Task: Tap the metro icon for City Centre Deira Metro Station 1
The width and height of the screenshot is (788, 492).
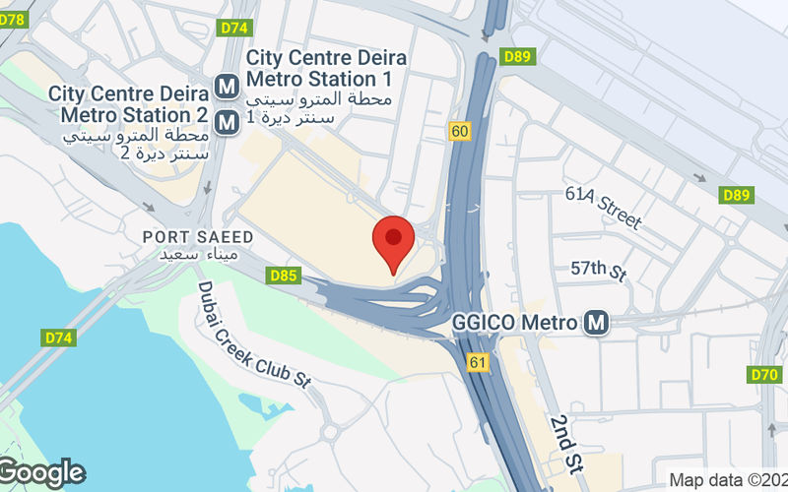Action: click(228, 86)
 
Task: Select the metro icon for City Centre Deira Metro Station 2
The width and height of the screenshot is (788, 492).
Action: click(228, 122)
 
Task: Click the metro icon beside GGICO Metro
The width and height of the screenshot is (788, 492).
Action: click(595, 322)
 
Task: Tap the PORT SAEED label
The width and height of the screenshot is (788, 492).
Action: click(198, 237)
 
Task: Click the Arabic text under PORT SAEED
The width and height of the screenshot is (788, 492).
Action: click(199, 255)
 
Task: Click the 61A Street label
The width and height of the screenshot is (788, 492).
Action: click(603, 206)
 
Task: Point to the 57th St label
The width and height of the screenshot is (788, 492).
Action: click(599, 270)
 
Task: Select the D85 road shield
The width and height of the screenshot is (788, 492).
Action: click(284, 277)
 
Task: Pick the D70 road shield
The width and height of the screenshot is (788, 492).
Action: click(764, 374)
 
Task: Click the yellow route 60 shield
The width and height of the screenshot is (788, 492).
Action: click(459, 132)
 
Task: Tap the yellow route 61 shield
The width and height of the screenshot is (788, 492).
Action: click(479, 363)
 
